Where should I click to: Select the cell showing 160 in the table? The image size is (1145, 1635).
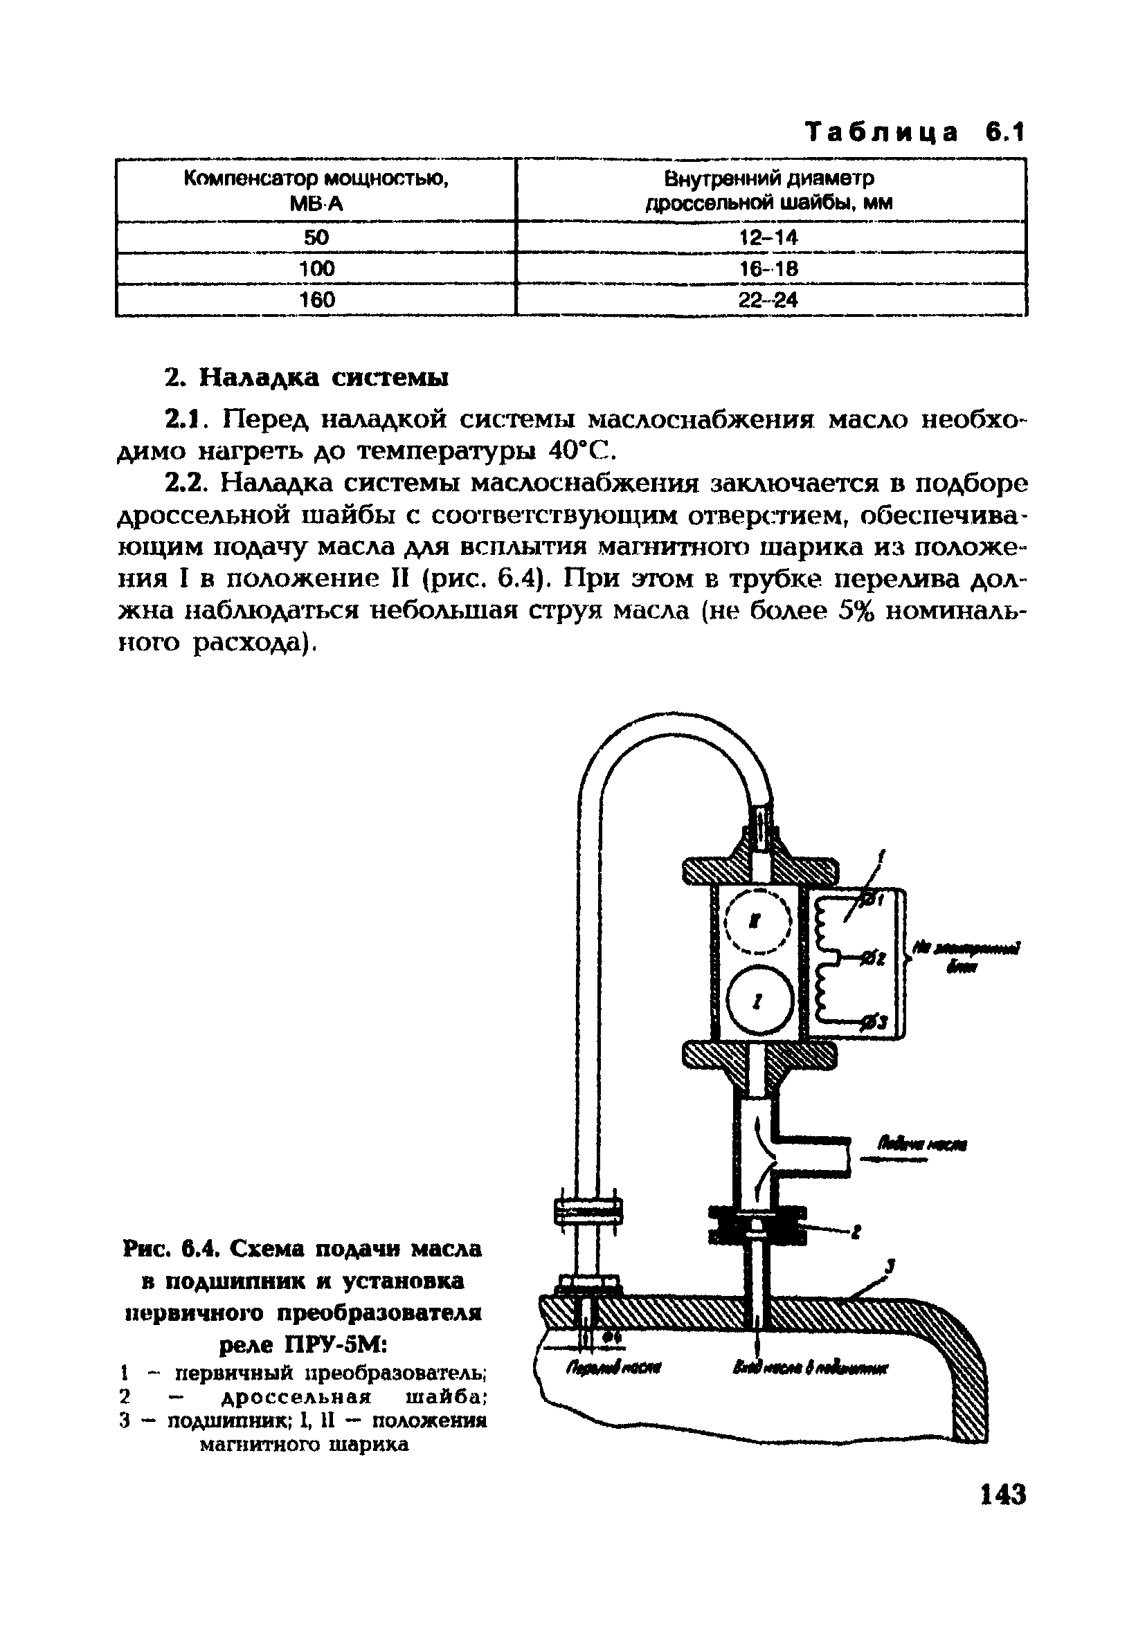click(316, 300)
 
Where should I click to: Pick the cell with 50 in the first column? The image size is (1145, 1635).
click(316, 237)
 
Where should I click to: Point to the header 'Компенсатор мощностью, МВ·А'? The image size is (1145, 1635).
click(316, 190)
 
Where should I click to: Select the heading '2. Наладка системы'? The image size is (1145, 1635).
click(307, 376)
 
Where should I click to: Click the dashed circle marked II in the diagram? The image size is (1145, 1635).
click(758, 922)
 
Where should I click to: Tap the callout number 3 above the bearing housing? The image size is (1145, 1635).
click(890, 1266)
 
